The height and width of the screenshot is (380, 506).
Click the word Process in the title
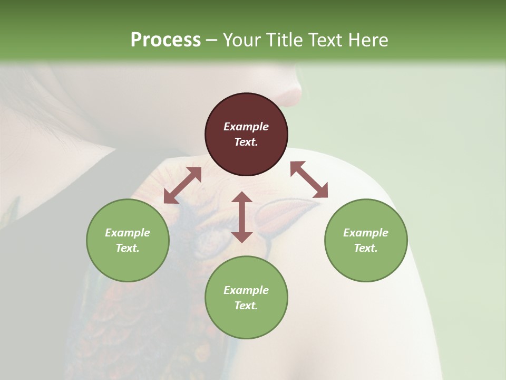[166, 40]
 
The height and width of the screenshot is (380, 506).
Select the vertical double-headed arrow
[242, 217]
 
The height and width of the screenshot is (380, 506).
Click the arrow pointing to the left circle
[182, 185]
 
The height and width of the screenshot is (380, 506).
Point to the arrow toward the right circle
[309, 180]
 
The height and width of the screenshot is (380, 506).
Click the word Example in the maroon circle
[246, 127]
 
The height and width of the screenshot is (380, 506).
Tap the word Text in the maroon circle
[246, 142]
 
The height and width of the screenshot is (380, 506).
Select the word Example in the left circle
[128, 233]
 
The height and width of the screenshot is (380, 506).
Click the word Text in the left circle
[128, 248]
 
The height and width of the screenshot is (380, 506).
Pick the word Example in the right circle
[366, 233]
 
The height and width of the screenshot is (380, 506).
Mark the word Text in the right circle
[366, 248]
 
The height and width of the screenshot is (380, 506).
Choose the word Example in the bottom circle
[246, 290]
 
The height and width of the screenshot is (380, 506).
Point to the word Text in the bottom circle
[246, 306]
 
